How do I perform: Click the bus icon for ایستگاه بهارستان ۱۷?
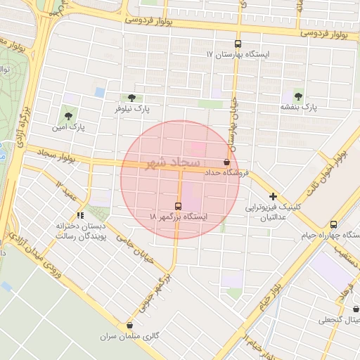tap(238, 43)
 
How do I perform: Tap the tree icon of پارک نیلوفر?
tap(132, 98)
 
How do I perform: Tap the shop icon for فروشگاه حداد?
tap(226, 162)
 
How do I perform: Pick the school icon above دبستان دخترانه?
tap(81, 215)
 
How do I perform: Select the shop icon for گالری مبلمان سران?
tap(129, 325)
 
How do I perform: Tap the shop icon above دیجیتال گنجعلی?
tap(356, 308)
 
